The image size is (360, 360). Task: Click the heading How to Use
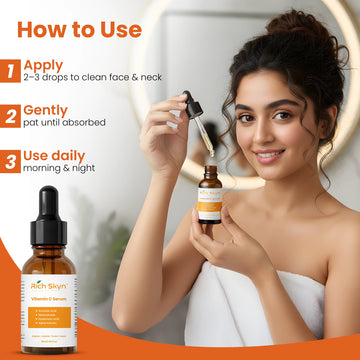80,30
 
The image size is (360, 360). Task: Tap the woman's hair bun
301,30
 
